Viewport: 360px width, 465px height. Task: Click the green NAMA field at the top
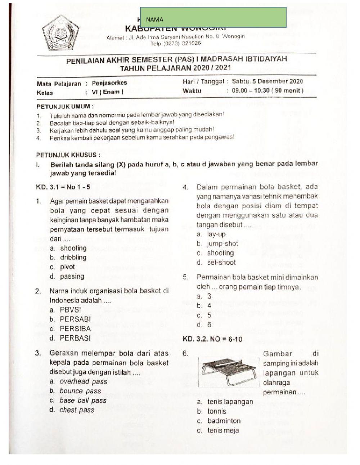pos(213,17)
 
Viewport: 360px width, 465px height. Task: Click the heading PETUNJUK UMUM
pos(65,107)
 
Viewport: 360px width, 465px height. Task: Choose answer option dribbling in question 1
pos(73,258)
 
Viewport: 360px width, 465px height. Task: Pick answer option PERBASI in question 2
pos(75,338)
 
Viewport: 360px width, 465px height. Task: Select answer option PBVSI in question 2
pos(71,310)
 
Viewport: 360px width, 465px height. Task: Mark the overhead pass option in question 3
pos(83,381)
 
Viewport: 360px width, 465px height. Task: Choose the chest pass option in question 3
pos(77,410)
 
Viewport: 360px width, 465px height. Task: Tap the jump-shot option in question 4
pos(222,244)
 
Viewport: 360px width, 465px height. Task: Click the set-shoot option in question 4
pos(221,263)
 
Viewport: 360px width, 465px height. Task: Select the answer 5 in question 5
pos(209,315)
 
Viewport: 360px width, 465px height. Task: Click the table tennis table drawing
pos(229,371)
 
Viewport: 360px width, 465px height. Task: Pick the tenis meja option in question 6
pos(223,430)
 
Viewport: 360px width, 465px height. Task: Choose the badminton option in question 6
pos(224,421)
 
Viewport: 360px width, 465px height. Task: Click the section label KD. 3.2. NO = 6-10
pos(212,339)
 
